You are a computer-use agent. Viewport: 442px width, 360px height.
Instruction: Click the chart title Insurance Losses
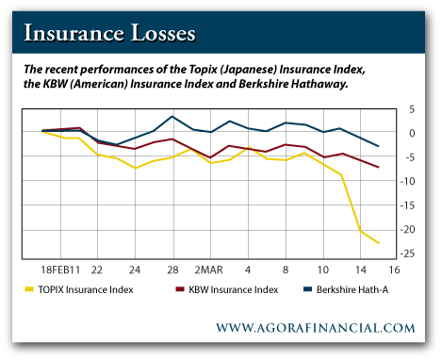(109, 33)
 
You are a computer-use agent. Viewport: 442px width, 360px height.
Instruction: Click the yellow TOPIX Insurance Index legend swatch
(29, 289)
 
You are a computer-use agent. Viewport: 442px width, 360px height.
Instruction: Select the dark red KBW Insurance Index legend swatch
(180, 289)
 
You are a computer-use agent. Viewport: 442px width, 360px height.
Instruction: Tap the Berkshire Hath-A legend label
(352, 289)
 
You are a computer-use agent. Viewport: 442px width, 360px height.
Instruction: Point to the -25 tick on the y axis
(407, 254)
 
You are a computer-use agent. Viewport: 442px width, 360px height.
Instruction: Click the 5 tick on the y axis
(412, 109)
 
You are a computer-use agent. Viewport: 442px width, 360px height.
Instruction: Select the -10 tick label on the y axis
(407, 181)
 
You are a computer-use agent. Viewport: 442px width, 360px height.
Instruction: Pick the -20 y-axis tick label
(407, 230)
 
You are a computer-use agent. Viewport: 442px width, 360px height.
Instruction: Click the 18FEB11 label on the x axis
(60, 270)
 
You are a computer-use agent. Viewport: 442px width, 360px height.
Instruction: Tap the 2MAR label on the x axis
(208, 270)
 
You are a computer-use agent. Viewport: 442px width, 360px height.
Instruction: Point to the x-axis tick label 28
(172, 270)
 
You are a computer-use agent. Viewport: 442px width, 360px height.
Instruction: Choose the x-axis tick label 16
(394, 270)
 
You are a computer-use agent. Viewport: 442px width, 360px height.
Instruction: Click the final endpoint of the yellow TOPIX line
(379, 243)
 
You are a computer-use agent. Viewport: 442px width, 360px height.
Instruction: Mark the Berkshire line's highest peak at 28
(172, 116)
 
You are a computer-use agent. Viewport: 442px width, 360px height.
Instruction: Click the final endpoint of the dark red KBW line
(379, 167)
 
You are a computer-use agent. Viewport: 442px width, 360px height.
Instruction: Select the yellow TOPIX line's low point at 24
(135, 168)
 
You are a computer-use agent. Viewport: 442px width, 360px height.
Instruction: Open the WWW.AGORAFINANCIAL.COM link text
(316, 328)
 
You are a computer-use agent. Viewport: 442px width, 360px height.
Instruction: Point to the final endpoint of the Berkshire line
(379, 146)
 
